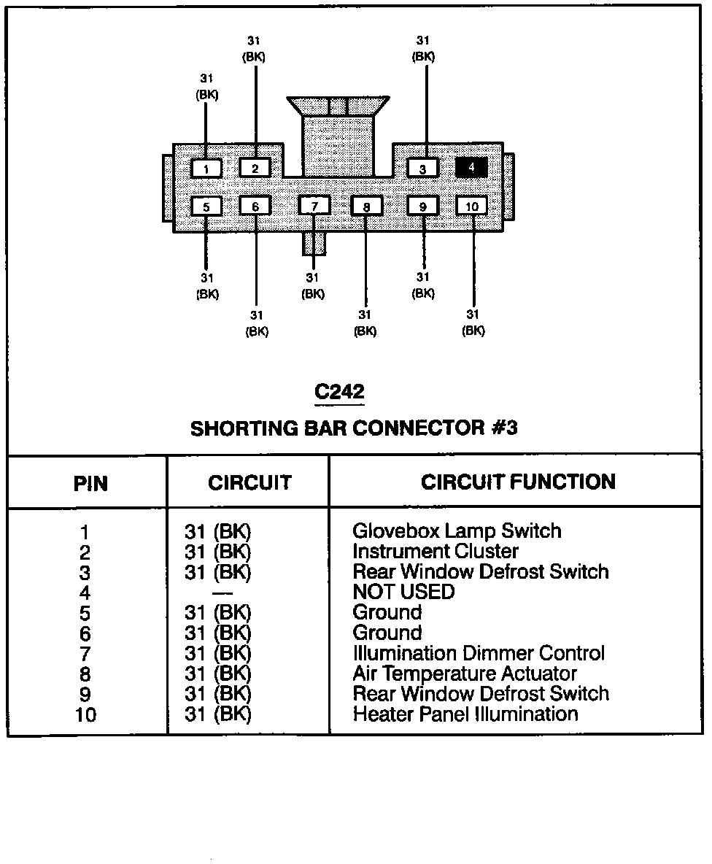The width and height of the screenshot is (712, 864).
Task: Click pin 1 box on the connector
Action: pos(206,169)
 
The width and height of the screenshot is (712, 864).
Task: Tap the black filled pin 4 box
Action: pos(471,167)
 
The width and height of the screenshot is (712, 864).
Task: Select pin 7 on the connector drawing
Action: pos(314,206)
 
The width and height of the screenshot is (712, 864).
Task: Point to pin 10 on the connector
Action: pos(472,206)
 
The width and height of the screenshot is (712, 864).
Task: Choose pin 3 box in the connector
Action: pos(422,169)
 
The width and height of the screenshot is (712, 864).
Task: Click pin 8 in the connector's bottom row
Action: pos(366,207)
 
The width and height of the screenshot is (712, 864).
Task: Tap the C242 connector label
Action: pos(339,392)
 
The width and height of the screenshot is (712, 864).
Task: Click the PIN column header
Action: pos(91,484)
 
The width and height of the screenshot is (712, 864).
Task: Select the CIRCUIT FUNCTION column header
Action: pos(518,482)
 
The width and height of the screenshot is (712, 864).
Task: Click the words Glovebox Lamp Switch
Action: pos(457,531)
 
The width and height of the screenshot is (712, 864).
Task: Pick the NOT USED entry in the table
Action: pos(403,592)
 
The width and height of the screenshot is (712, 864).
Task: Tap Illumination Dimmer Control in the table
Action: pos(479,653)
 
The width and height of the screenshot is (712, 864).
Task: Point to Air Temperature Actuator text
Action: pos(465,674)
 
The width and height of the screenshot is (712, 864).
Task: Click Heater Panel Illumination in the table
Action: pos(465,714)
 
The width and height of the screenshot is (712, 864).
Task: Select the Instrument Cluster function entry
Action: pos(436,551)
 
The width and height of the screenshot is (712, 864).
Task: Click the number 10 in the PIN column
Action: pos(85,714)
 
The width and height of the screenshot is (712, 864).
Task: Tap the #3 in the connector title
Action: pos(502,428)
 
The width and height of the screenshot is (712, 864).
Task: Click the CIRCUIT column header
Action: pos(249,483)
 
